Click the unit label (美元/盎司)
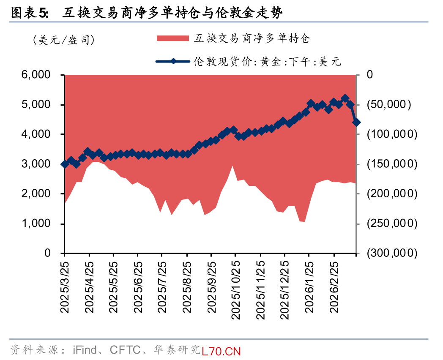coord(63,40)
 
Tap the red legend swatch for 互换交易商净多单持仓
coord(172,38)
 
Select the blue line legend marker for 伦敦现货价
coord(172,62)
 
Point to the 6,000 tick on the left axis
coord(41,75)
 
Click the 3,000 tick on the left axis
coord(41,164)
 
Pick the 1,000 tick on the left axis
coord(41,224)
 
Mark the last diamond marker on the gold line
coord(356,122)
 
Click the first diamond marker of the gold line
coord(65,164)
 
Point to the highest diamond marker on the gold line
coord(345,98)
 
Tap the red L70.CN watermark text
coord(221,351)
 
